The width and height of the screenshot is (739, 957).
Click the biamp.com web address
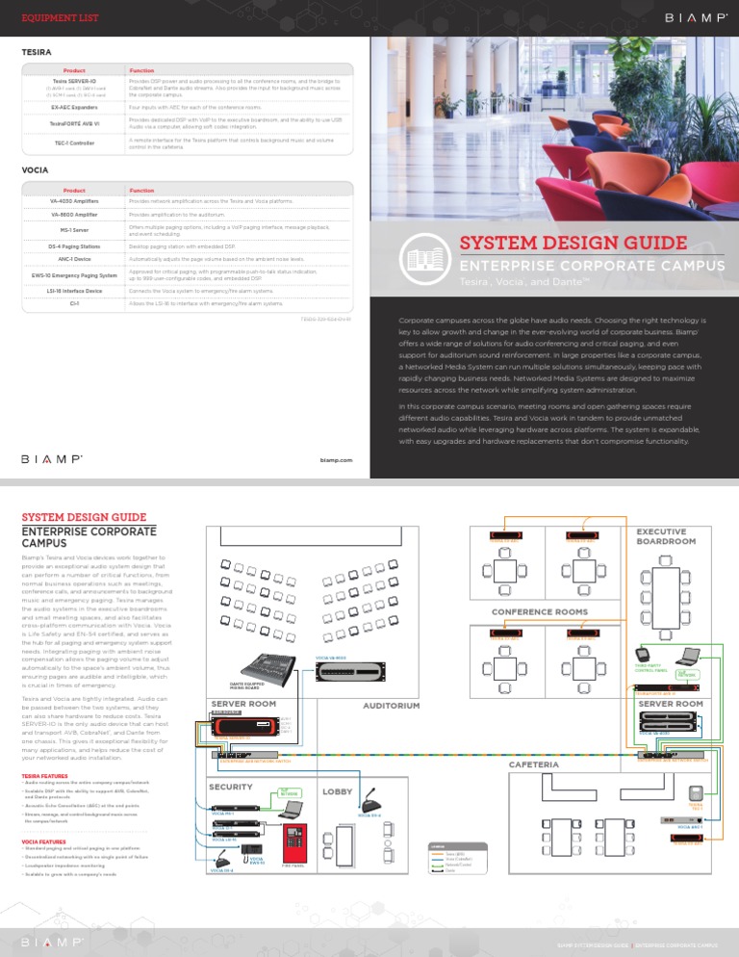(x=336, y=460)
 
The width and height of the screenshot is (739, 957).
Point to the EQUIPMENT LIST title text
(x=56, y=18)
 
